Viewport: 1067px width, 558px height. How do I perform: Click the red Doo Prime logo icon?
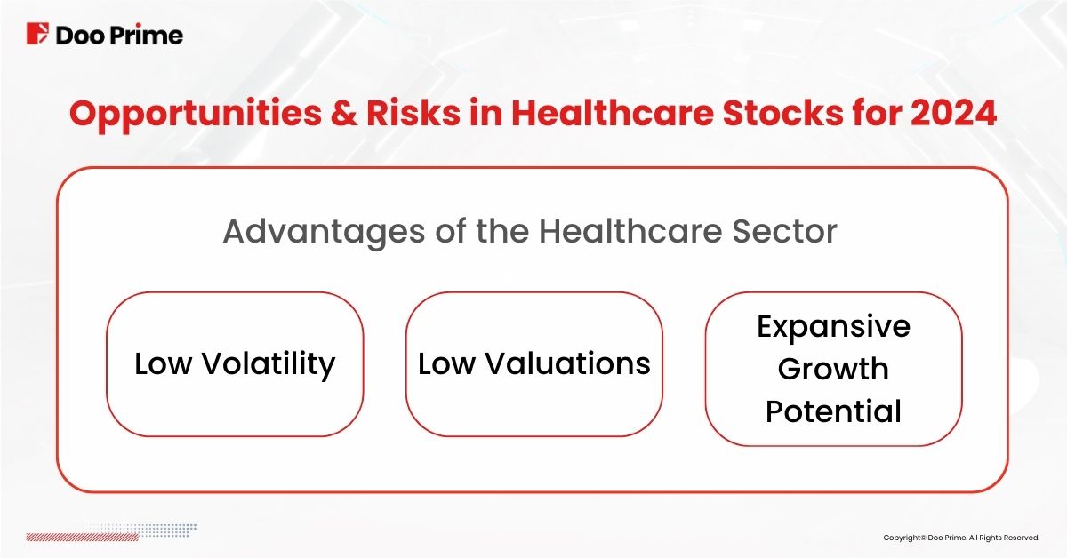(37, 34)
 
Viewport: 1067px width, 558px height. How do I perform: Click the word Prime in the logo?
(147, 36)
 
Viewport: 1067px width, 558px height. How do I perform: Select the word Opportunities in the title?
(196, 116)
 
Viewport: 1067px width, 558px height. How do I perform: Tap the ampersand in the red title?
(343, 113)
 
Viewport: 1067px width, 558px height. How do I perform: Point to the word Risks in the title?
(413, 113)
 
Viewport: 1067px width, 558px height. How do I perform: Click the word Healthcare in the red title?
(613, 113)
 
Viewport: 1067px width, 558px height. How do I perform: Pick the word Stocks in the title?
(783, 113)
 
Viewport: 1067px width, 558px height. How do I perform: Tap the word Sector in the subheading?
(784, 231)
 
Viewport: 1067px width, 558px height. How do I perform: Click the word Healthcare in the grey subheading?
(630, 231)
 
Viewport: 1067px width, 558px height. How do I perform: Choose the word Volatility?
(269, 365)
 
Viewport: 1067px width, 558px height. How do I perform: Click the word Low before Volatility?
(164, 364)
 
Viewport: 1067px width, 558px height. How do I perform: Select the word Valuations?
(568, 363)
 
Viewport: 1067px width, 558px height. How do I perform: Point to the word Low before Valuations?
(446, 364)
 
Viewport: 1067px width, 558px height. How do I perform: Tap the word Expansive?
(834, 328)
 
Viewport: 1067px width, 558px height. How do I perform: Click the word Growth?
(834, 369)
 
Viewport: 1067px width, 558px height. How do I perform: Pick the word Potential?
(834, 411)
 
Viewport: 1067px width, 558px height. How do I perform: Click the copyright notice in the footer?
(961, 538)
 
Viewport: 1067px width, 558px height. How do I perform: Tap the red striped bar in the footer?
(83, 537)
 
